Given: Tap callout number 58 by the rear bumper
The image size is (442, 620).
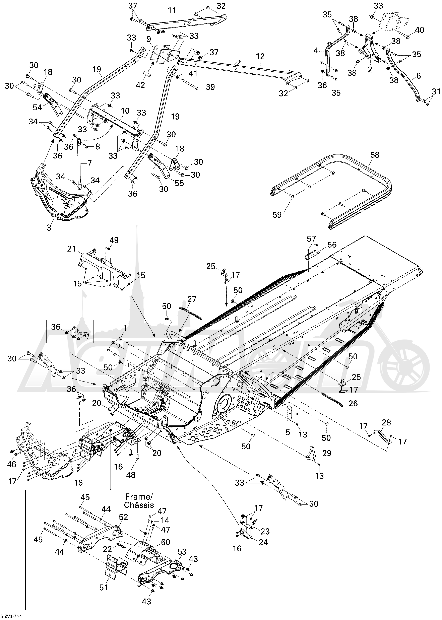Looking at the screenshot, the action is pos(375,155).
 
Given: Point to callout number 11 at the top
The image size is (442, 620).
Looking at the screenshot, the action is pos(172,11).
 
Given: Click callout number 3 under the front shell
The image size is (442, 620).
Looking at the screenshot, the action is pos(49,227).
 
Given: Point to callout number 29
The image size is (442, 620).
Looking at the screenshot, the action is pos(327,453).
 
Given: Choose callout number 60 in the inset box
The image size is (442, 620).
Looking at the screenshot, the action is pos(166,542).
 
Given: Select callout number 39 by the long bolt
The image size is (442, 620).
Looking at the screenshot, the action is pos(210,87).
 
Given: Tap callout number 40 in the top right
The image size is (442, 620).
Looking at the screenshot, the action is pos(419,30).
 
